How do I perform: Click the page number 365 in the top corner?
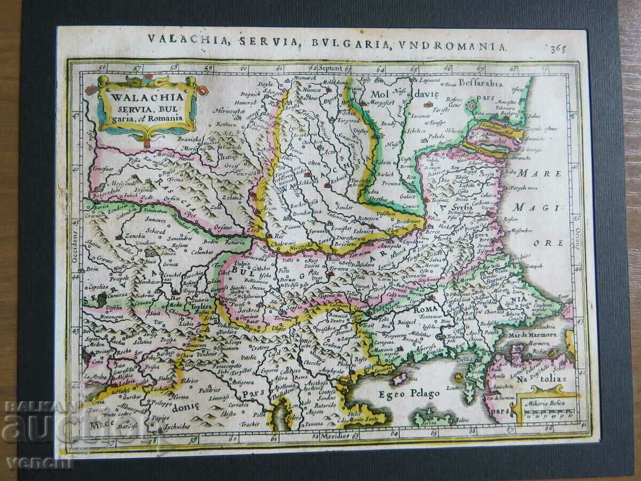tap(558, 49)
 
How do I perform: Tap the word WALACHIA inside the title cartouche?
tap(140, 97)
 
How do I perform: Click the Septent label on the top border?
tap(330, 68)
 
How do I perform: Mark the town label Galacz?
tap(411, 196)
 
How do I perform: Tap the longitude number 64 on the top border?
tap(380, 69)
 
